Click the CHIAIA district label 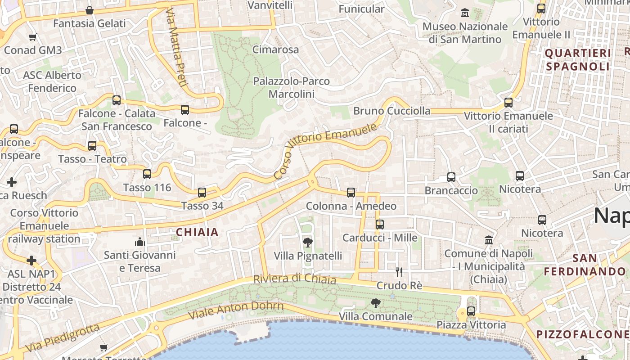[x=197, y=232]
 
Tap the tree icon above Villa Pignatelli [x=308, y=243]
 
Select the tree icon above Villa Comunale [x=375, y=303]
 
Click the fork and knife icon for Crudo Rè [x=399, y=272]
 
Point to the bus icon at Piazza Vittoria [x=471, y=311]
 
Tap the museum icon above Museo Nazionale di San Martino [x=465, y=13]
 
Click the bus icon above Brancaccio [x=451, y=177]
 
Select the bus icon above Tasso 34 [x=202, y=193]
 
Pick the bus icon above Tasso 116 [x=147, y=174]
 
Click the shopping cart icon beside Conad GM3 [x=32, y=37]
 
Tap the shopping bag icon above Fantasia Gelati [x=90, y=10]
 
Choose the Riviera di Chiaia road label [x=295, y=279]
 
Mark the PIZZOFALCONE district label [x=582, y=334]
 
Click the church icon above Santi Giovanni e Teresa [x=140, y=242]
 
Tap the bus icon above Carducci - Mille [x=380, y=224]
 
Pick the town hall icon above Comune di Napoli [x=489, y=240]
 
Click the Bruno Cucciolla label [x=391, y=111]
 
